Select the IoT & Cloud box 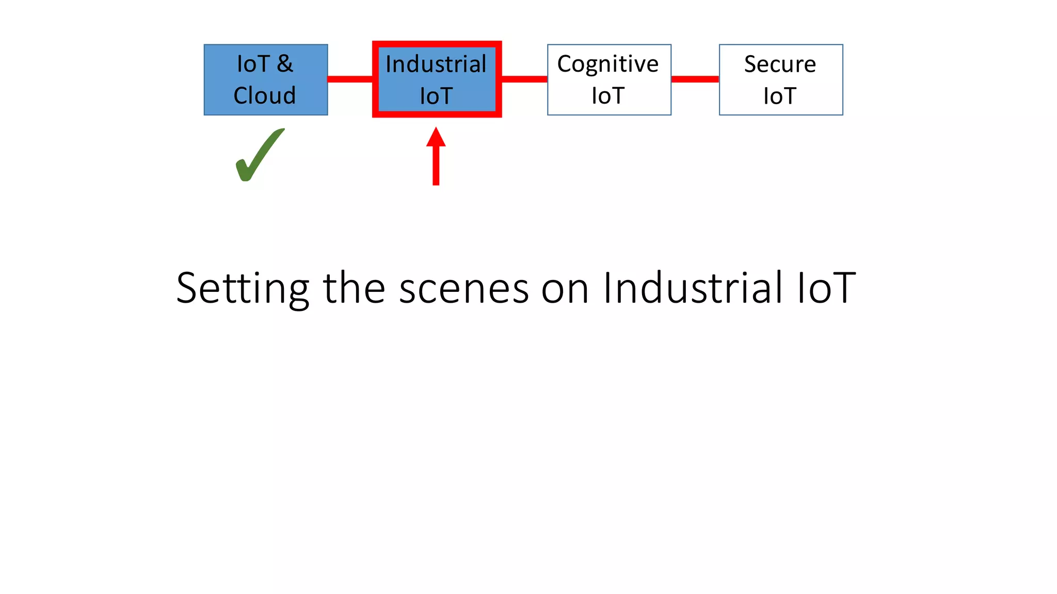coord(266,79)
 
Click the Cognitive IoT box coord(609,79)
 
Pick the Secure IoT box coord(780,79)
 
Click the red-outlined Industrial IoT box coord(437,79)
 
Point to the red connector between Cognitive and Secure coord(695,79)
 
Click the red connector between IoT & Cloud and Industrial coord(350,79)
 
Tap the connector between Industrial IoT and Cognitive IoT coord(524,79)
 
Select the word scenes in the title coord(463,289)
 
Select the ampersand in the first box coord(285,64)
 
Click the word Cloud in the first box coord(265,95)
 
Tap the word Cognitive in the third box coord(608,64)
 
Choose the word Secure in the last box coord(780,64)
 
